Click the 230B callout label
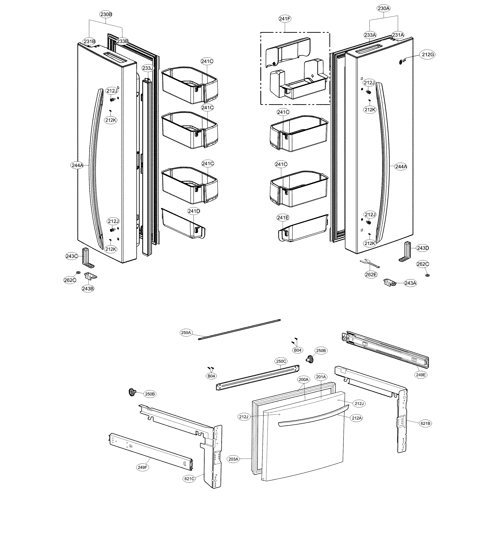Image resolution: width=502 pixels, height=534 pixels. [x=106, y=15]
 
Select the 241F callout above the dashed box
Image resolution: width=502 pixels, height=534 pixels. [x=285, y=19]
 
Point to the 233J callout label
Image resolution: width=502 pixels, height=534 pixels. [x=147, y=68]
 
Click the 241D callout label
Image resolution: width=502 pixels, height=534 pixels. [x=194, y=211]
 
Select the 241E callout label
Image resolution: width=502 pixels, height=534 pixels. [x=283, y=218]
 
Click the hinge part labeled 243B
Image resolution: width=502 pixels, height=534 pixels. [x=90, y=276]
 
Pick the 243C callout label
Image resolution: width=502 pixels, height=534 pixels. [x=72, y=256]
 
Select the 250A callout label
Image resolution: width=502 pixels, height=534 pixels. [x=186, y=333]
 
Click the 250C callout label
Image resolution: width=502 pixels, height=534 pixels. [x=281, y=361]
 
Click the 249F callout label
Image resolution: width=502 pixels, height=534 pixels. [x=142, y=467]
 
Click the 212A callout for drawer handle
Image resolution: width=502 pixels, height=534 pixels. [x=357, y=418]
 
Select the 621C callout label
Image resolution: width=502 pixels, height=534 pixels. [x=189, y=479]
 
